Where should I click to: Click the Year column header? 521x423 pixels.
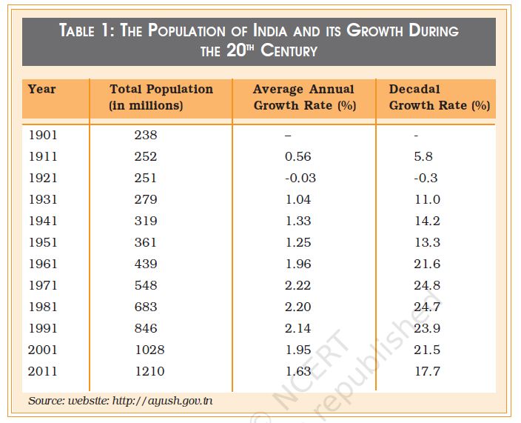coord(41,90)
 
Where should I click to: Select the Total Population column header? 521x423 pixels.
coord(161,97)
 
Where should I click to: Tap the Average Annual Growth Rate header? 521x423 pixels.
coord(303,97)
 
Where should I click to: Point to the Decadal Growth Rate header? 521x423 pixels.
coord(439,97)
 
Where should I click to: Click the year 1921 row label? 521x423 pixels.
coord(42,178)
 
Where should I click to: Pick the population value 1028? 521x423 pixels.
coord(149,350)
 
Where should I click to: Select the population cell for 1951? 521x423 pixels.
coord(146,242)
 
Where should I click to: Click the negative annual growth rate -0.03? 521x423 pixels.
coord(300,178)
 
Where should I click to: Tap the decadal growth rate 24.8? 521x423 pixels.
coord(427,285)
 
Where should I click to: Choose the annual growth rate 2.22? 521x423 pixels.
coord(298,285)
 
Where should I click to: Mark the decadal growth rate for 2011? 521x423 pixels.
coord(427,371)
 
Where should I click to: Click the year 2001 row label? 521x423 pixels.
coord(42,350)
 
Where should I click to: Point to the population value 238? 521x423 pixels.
coord(146,135)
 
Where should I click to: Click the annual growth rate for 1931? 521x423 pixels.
coord(298,199)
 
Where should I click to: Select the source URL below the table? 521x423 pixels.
coord(163,401)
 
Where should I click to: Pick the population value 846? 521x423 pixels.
coord(146,328)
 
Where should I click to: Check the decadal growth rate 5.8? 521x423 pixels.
coord(423,156)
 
